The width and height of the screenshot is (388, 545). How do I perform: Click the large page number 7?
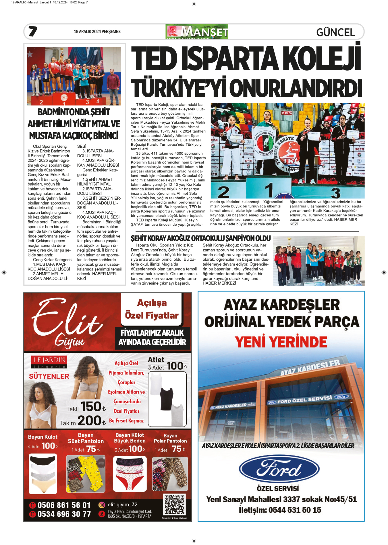(33, 31)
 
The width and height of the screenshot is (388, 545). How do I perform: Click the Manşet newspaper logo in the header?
(197, 32)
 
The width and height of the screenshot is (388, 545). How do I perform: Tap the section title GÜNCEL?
(335, 32)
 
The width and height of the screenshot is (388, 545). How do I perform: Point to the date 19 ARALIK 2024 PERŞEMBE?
(97, 32)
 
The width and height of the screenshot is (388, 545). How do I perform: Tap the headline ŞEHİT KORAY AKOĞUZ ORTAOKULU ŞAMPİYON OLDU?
(201, 238)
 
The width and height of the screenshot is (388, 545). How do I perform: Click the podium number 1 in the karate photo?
(269, 190)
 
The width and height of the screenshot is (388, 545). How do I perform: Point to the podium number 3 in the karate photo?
(335, 193)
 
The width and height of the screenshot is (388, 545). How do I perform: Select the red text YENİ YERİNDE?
(281, 342)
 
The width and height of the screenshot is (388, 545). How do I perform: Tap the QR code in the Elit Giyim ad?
(174, 505)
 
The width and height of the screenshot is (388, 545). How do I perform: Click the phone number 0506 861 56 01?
(64, 505)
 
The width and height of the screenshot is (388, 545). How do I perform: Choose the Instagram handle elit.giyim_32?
(122, 505)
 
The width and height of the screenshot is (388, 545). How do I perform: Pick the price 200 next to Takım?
(89, 421)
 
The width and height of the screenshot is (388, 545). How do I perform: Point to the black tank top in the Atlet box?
(167, 399)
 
